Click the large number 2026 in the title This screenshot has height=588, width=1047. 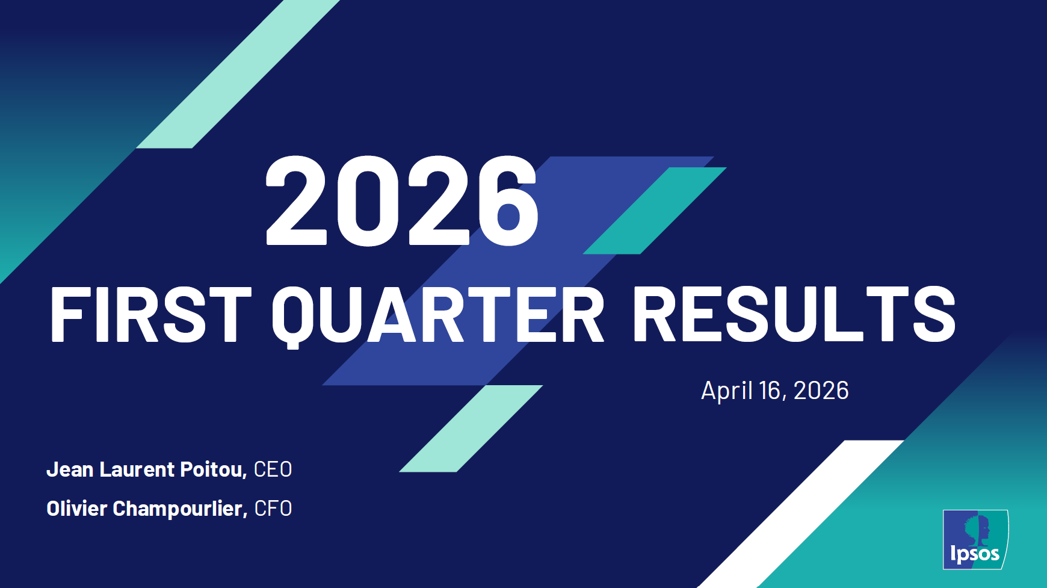click(x=402, y=200)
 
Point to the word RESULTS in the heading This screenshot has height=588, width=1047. click(x=794, y=314)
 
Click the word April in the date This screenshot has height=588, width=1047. click(x=727, y=391)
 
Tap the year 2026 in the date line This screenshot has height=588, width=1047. click(x=821, y=391)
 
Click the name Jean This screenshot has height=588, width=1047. click(x=70, y=469)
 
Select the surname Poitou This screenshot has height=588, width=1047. click(x=214, y=469)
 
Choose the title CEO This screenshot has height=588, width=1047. click(x=273, y=469)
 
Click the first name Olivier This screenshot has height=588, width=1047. click(x=76, y=509)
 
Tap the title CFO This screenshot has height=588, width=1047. click(x=273, y=509)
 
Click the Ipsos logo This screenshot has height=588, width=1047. click(x=975, y=539)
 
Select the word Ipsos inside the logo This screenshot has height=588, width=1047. click(x=975, y=554)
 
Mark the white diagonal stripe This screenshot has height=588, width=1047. click(x=801, y=514)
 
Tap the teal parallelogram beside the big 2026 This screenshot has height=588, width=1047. click(x=655, y=211)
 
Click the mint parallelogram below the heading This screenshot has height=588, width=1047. click(x=471, y=429)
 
